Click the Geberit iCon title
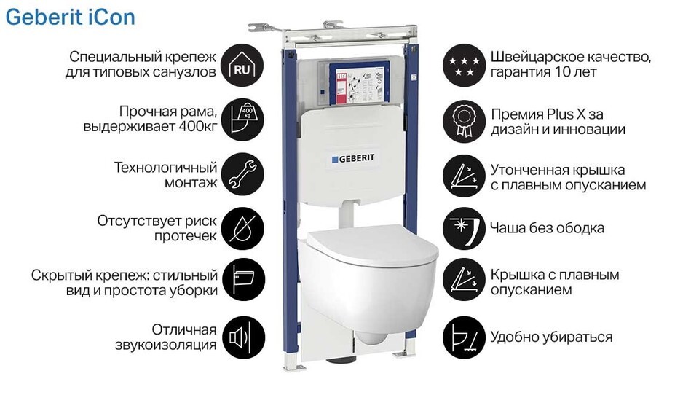click(70, 17)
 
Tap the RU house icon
click(242, 65)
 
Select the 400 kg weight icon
click(242, 120)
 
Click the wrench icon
click(242, 174)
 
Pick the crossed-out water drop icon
click(242, 229)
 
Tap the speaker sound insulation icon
click(243, 337)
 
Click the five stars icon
click(464, 65)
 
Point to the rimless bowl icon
click(464, 229)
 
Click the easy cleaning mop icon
click(464, 337)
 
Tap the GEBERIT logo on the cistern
click(353, 158)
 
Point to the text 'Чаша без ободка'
click(547, 228)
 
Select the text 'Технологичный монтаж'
click(166, 174)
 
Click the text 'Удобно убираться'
click(551, 337)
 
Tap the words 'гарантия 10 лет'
click(543, 72)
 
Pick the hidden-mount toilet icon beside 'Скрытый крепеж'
click(243, 281)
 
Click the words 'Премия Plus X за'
click(547, 114)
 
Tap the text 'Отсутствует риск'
click(157, 221)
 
